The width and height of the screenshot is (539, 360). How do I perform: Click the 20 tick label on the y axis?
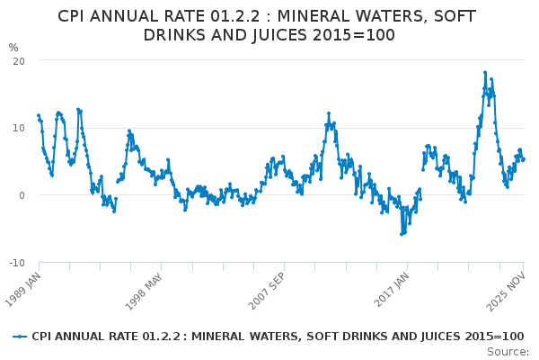pyautogui.click(x=18, y=60)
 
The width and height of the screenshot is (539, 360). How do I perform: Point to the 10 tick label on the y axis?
pyautogui.click(x=18, y=128)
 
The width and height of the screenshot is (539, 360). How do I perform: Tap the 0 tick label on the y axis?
pyautogui.click(x=21, y=195)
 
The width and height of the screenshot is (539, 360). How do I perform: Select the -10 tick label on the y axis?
pyautogui.click(x=15, y=263)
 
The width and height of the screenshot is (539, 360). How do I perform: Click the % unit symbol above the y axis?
pyautogui.click(x=13, y=47)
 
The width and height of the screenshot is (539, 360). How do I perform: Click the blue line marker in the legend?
pyautogui.click(x=20, y=337)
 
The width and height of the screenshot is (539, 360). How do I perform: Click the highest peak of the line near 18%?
pyautogui.click(x=485, y=73)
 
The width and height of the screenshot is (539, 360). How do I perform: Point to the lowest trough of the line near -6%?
pyautogui.click(x=402, y=234)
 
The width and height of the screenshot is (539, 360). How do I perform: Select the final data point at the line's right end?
pyautogui.click(x=524, y=159)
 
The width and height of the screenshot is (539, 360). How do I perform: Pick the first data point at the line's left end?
pyautogui.click(x=38, y=115)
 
